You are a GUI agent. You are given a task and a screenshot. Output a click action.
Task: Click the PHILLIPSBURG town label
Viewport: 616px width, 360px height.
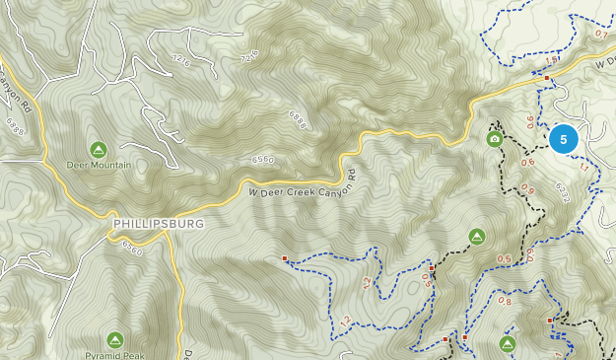[x=159, y=224]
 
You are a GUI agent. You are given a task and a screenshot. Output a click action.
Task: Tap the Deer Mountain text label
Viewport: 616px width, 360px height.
[x=99, y=165]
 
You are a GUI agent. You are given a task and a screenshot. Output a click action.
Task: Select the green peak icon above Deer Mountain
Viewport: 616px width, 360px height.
[x=99, y=149]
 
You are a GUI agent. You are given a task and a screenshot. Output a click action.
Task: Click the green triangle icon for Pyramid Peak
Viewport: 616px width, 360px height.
[x=114, y=338]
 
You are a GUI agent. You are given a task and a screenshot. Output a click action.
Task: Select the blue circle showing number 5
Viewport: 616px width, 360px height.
[x=564, y=139]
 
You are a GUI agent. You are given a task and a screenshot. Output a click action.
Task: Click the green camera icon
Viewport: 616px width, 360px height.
[x=494, y=139]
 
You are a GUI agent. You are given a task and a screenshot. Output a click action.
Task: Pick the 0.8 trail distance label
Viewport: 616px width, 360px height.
[x=505, y=301]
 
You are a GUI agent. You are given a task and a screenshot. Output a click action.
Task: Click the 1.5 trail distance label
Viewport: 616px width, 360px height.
[x=550, y=62]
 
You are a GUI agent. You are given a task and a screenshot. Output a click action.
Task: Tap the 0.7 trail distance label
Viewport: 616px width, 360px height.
[x=601, y=34]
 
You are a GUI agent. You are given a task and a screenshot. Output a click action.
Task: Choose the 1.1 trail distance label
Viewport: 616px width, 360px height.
[x=582, y=167]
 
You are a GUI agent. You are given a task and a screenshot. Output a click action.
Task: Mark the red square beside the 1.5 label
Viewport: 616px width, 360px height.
[x=547, y=75]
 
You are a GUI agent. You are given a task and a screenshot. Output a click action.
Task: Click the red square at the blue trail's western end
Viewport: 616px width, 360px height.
[x=285, y=258]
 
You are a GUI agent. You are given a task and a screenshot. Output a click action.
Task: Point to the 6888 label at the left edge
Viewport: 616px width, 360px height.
[x=14, y=126]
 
